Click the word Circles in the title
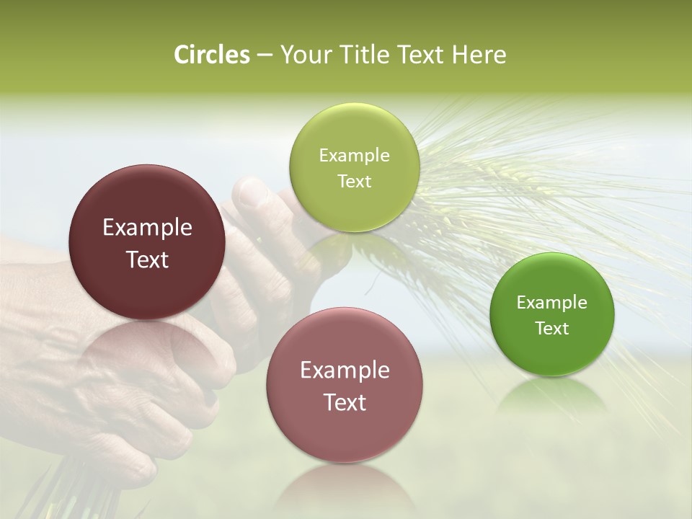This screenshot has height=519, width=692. [x=212, y=55]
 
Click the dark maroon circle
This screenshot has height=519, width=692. [x=147, y=242]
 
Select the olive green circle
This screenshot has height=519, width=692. [x=354, y=167]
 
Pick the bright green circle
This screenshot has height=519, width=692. [x=552, y=314]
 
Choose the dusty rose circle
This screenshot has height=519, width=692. [x=345, y=385]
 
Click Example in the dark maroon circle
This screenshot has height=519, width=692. [x=147, y=228]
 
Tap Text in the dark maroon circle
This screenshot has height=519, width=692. [x=147, y=259]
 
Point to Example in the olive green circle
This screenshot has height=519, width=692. [x=354, y=155]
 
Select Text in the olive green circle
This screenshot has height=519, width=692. [x=354, y=181]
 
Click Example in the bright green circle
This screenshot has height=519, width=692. [x=552, y=302]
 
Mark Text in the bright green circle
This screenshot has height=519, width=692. [x=552, y=328]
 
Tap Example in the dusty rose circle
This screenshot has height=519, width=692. [x=345, y=371]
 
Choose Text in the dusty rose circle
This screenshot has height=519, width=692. [x=345, y=402]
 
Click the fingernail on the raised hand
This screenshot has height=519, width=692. [x=253, y=192]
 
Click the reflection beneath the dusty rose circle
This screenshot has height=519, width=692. [x=345, y=490]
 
